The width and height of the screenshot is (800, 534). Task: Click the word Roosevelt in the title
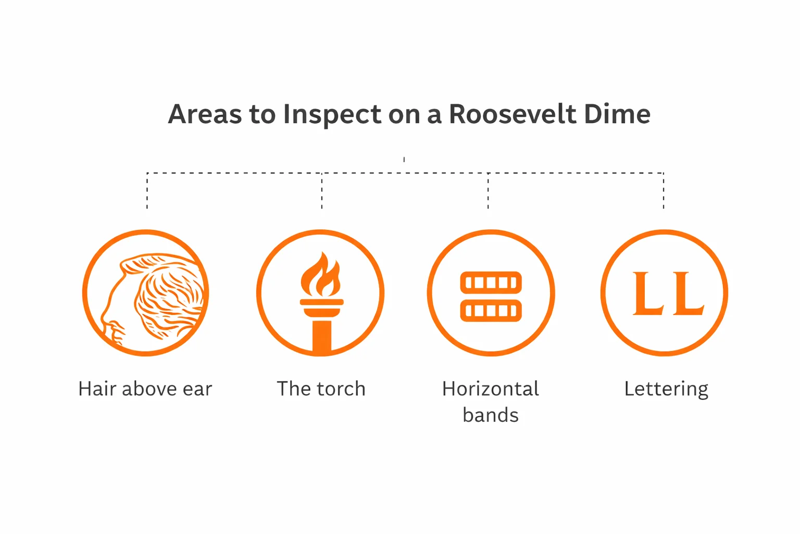(x=512, y=114)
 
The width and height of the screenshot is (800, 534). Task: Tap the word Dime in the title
(x=617, y=114)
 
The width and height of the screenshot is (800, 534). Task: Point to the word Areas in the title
(x=205, y=114)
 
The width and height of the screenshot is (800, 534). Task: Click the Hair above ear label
(x=145, y=389)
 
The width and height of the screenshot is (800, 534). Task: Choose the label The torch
(x=321, y=389)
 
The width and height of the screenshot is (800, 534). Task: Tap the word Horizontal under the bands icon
(x=490, y=389)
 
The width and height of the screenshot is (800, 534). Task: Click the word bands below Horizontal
(x=490, y=415)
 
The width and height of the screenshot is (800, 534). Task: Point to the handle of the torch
(x=321, y=336)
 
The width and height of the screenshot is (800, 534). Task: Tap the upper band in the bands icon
(x=491, y=283)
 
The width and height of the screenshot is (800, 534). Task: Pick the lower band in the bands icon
(x=491, y=310)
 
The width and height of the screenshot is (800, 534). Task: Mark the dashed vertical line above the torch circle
(x=322, y=191)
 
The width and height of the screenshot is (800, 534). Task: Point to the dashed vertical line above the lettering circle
(x=664, y=191)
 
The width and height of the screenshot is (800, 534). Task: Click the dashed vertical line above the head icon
(x=147, y=191)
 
